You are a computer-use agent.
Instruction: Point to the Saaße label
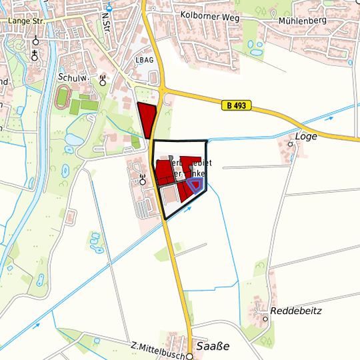tap(213, 347)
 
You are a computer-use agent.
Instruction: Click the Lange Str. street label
tap(25, 21)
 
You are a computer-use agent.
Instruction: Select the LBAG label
tap(144, 60)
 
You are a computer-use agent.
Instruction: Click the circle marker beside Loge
tap(290, 143)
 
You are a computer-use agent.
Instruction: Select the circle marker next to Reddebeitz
tap(265, 319)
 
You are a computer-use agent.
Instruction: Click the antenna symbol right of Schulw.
tap(103, 81)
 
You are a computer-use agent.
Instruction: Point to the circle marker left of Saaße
tap(189, 357)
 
